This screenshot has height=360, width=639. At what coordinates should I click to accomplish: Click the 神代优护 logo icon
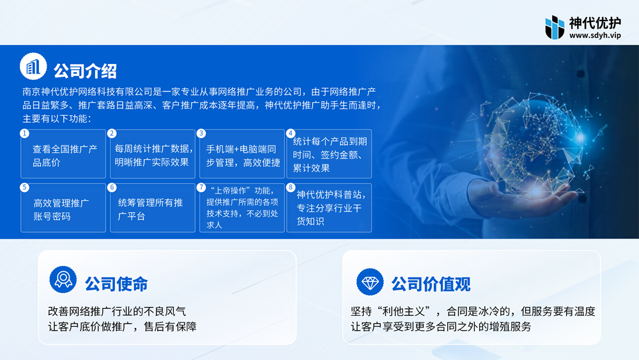pyautogui.click(x=555, y=27)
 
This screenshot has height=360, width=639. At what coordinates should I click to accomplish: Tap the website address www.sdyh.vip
pyautogui.click(x=595, y=35)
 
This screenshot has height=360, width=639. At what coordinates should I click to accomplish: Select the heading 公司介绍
pyautogui.click(x=85, y=71)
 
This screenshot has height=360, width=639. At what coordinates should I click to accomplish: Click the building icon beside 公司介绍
pyautogui.click(x=33, y=67)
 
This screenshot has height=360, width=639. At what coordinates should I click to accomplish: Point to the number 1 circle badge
pyautogui.click(x=24, y=133)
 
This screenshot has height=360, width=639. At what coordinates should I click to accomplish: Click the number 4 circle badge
pyautogui.click(x=291, y=133)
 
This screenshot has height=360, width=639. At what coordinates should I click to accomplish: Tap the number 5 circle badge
pyautogui.click(x=24, y=187)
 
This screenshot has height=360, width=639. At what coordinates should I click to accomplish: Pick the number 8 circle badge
pyautogui.click(x=291, y=187)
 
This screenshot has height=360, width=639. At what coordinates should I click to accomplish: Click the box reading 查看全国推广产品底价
pyautogui.click(x=63, y=153)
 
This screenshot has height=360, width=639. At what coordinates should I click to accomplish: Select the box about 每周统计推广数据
pyautogui.click(x=153, y=153)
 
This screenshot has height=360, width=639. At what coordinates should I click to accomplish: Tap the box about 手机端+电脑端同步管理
pyautogui.click(x=242, y=153)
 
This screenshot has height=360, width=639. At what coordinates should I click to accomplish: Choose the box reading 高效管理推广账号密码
pyautogui.click(x=63, y=208)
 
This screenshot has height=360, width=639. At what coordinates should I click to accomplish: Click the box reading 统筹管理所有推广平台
pyautogui.click(x=153, y=208)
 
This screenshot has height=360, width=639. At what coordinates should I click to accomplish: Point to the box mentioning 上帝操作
pyautogui.click(x=242, y=208)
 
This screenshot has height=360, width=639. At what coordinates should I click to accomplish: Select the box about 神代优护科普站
pyautogui.click(x=329, y=208)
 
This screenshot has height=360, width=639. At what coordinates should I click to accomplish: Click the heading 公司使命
pyautogui.click(x=116, y=284)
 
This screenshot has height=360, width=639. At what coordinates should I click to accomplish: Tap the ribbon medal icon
pyautogui.click(x=63, y=279)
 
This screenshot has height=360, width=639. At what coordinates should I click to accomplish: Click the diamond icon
pyautogui.click(x=370, y=282)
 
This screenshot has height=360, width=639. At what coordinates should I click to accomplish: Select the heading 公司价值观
pyautogui.click(x=431, y=284)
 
